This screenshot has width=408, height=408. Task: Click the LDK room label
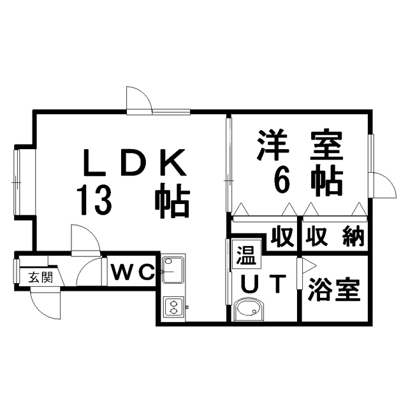tap(135, 162)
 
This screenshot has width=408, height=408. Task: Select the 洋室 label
tap(300, 145)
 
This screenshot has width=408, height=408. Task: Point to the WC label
tap(132, 272)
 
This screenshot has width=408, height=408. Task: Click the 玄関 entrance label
tap(41, 277)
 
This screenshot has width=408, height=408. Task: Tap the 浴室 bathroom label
tap(334, 290)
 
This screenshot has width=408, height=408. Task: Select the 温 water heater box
tap(247, 254)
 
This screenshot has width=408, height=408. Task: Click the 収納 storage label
tap(335, 237)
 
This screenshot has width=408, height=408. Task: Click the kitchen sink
tap(173, 269)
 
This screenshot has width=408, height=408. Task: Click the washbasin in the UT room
tap(249, 310)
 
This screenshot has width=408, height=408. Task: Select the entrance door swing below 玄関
tap(45, 303)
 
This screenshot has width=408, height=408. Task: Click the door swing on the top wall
tap(138, 99)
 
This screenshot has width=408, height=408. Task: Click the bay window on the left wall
tap(17, 182)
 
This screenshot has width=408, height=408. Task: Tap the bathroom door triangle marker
tap(309, 266)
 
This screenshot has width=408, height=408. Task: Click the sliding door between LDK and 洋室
tap(229, 165)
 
